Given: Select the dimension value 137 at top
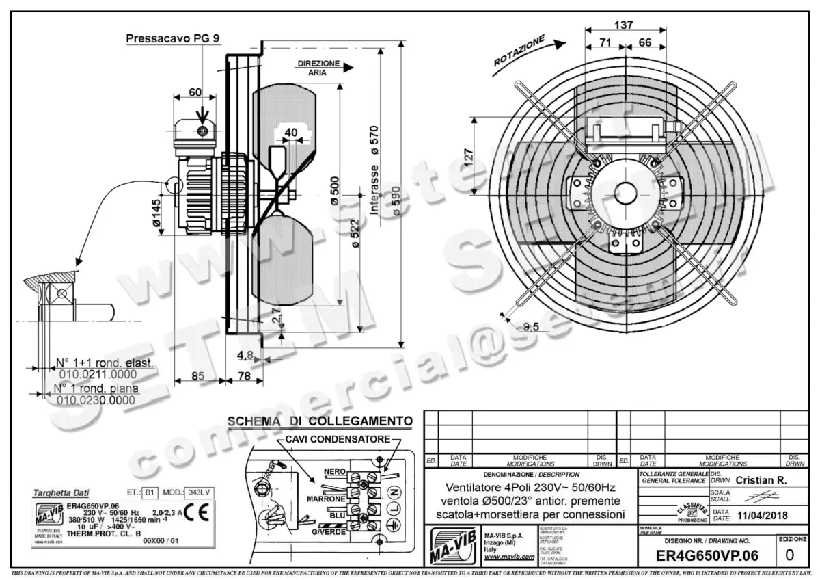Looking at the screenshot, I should (x=624, y=25).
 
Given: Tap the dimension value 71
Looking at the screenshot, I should (x=605, y=42).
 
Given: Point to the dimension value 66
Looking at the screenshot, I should (x=644, y=42).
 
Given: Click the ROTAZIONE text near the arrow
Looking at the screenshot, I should (x=519, y=51).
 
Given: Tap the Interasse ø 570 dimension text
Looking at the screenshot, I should (x=374, y=171).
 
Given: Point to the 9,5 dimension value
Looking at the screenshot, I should (x=532, y=327).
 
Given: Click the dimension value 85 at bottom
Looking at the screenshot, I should (x=197, y=375).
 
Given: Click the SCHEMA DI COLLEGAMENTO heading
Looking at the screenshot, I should (x=319, y=421).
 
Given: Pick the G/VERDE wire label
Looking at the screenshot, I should (x=329, y=532).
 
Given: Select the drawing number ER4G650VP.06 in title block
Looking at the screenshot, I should (x=707, y=555).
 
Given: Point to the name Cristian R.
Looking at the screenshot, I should (x=761, y=480).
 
